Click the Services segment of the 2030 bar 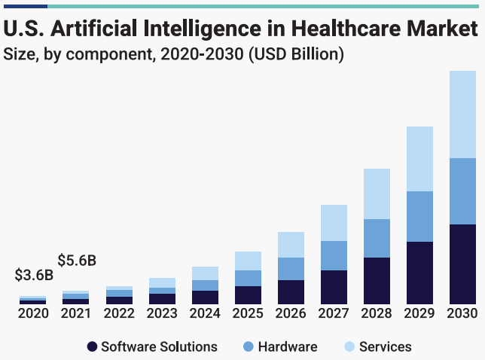pyautogui.click(x=462, y=114)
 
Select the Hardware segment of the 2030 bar pyautogui.click(x=462, y=191)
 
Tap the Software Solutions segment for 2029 pyautogui.click(x=419, y=273)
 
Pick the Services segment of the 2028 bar pyautogui.click(x=377, y=194)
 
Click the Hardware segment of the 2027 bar pyautogui.click(x=334, y=255)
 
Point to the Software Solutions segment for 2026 pyautogui.click(x=291, y=291)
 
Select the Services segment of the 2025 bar pyautogui.click(x=248, y=261)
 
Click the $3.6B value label pyautogui.click(x=34, y=276)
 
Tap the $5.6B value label pyautogui.click(x=78, y=261)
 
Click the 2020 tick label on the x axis pyautogui.click(x=33, y=313)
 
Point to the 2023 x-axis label pyautogui.click(x=162, y=313)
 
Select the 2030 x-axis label pyautogui.click(x=462, y=313)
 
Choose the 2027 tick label pyautogui.click(x=334, y=313)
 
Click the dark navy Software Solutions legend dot pyautogui.click(x=92, y=347)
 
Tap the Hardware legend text pyautogui.click(x=287, y=347)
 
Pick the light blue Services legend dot pyautogui.click(x=349, y=347)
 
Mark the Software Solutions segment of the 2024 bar pyautogui.click(x=205, y=297)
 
